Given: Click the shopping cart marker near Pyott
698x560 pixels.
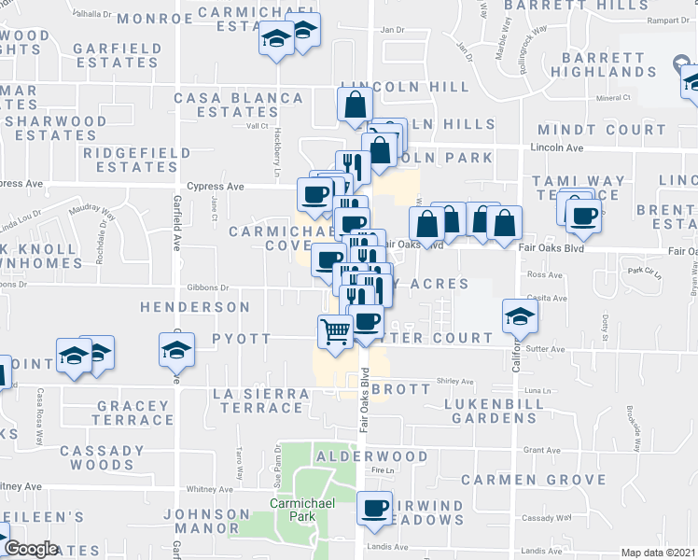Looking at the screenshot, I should point(335,329).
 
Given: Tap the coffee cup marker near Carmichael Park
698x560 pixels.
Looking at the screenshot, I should point(375,509).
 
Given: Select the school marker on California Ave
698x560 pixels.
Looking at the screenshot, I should point(520,315).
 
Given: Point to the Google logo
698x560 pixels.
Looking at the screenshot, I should point(31,549).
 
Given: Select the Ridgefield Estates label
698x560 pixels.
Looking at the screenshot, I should point(137,160).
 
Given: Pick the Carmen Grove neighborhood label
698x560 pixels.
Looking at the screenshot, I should point(534,480).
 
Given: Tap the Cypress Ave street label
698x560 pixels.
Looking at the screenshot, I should point(216,187).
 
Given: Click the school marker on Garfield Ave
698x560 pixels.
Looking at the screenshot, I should point(176,351).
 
